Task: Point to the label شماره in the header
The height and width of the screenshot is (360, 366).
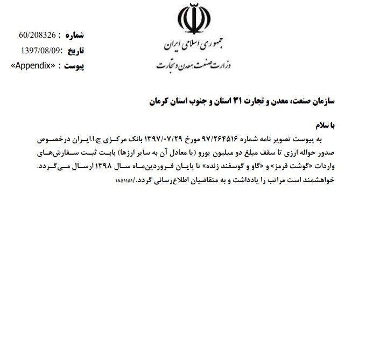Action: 74,36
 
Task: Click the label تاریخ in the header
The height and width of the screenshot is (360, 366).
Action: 75,51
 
